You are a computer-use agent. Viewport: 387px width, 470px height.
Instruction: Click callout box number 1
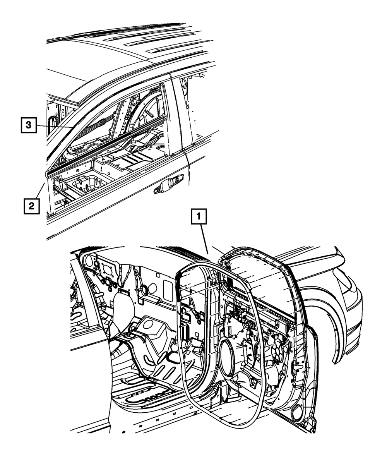coord(199,216)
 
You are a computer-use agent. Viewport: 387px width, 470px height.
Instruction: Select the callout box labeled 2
coord(32,206)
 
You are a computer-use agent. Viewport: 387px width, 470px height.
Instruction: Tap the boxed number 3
coord(29,125)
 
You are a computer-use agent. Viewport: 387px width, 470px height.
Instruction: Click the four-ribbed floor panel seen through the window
coord(133,160)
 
